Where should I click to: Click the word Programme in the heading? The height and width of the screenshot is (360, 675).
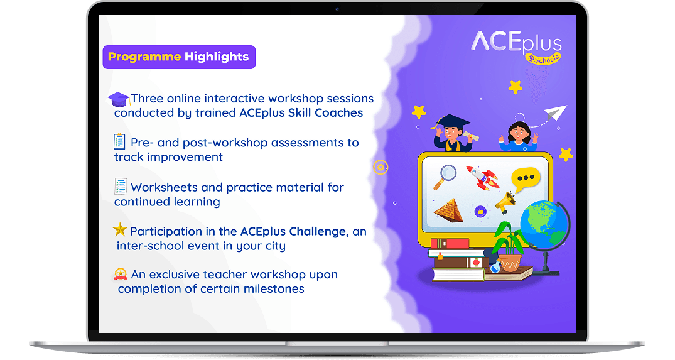coord(144,57)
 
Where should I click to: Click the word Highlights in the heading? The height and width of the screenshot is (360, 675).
coord(217,57)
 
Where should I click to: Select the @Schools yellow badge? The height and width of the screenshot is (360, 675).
coord(543,58)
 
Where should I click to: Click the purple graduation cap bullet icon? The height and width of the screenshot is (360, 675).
coord(119,99)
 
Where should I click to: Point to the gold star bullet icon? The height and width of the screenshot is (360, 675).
coord(120,229)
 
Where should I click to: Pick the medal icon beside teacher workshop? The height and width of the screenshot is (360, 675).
coord(121,274)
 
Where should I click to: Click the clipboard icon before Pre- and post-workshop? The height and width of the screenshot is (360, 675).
coord(119,141)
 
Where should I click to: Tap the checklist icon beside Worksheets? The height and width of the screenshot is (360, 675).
coord(121,187)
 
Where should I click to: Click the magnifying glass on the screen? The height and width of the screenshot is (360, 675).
coord(445,177)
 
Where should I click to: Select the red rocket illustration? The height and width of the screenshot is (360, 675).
coord(483,177)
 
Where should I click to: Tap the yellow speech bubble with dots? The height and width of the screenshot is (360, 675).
coord(525,179)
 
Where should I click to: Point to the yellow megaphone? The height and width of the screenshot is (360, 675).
coord(506,202)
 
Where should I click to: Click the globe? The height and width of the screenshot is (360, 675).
coord(544,224)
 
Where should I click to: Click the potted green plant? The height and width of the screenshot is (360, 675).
coord(509,247)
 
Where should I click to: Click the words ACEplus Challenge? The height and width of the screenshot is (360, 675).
coord(293,232)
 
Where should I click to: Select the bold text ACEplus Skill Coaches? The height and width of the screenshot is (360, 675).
coord(301,113)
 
